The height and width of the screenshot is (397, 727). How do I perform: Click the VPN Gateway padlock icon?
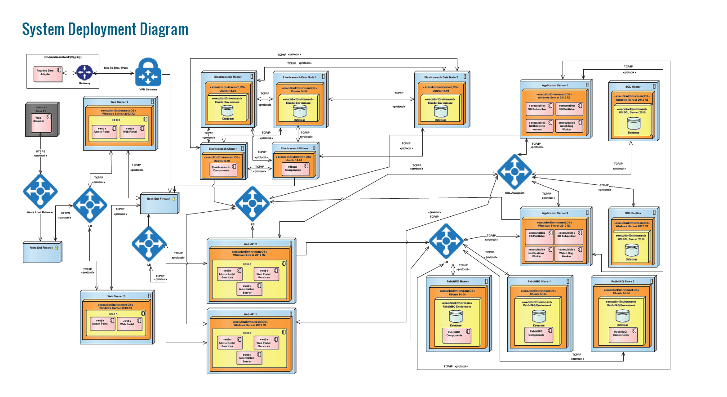[x=148, y=72]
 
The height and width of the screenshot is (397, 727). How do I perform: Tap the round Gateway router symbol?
[x=84, y=72]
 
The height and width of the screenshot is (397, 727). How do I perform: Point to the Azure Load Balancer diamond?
[x=40, y=191]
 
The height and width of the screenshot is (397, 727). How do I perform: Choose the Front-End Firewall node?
[x=42, y=251]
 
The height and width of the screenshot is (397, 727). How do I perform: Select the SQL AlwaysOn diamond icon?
[x=514, y=172]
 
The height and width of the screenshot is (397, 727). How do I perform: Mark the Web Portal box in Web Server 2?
[x=129, y=323]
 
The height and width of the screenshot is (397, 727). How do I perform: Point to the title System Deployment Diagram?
[x=105, y=29]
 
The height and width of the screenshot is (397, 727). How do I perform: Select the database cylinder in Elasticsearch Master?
[x=228, y=111]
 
